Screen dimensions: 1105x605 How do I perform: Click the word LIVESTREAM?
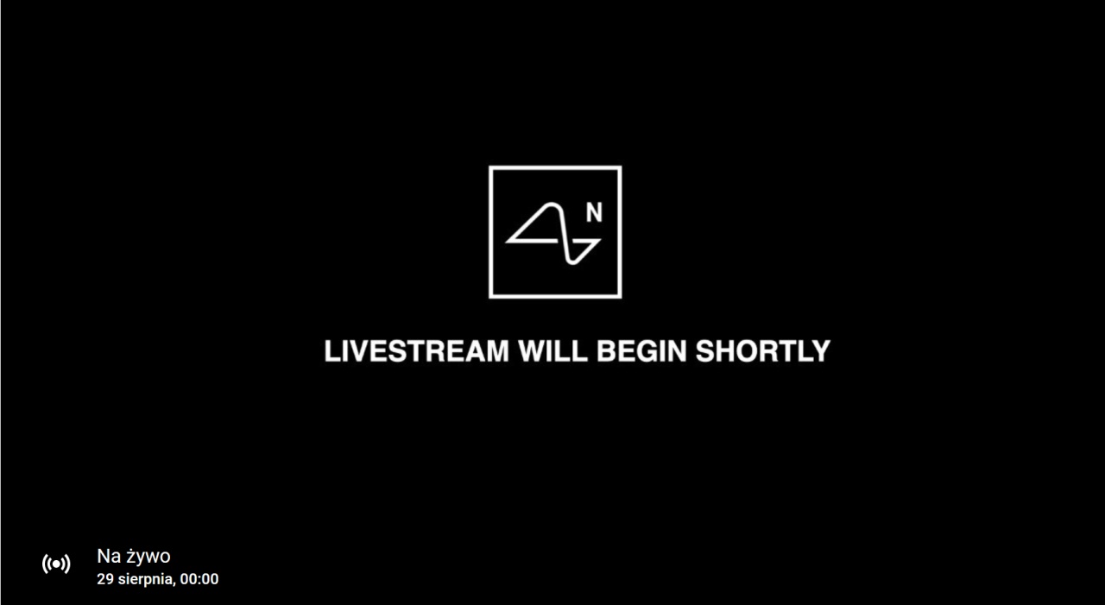click(416, 351)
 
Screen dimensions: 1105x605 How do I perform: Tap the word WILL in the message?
click(553, 351)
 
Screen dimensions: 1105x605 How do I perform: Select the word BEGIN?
click(641, 351)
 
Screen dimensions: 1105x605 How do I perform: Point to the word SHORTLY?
click(763, 351)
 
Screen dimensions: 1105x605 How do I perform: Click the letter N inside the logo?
click(594, 212)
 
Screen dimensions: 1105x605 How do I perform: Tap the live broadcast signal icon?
click(56, 564)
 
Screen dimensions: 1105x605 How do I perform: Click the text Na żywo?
click(134, 556)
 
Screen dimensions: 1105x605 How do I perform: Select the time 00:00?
click(199, 579)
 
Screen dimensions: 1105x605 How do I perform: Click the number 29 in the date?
click(105, 579)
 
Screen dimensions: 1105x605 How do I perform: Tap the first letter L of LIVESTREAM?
click(331, 351)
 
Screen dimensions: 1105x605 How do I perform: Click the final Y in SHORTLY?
click(821, 351)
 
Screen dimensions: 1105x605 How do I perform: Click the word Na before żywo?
click(109, 556)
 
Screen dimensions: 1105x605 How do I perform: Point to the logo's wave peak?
click(553, 205)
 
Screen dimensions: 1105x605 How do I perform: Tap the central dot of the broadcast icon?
click(56, 564)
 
